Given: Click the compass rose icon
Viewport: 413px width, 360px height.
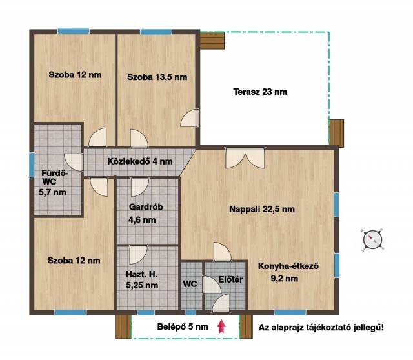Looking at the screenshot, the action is point(372,240).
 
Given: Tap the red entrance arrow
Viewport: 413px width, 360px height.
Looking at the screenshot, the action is point(221,326).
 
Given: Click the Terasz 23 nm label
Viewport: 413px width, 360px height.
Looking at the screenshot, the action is point(260,92).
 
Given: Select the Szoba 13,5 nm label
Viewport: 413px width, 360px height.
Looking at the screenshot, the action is point(157,77).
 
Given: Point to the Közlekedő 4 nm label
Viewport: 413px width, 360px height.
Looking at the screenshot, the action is point(140,161).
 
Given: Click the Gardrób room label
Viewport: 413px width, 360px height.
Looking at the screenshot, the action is point(146,207).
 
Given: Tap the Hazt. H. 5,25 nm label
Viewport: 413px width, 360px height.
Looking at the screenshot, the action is point(142,280).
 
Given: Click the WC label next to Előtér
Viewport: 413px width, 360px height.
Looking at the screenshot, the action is point(190,284).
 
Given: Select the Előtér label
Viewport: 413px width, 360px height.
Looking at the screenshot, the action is point(230,279).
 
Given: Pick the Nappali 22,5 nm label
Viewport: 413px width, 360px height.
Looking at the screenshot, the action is point(262,210).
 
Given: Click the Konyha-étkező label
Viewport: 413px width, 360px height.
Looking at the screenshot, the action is point(288,266).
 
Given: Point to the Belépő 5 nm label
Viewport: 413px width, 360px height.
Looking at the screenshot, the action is point(183,327).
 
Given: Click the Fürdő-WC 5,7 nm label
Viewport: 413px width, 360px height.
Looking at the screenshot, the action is point(53,183).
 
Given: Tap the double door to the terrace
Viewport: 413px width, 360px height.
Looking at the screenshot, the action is point(245,158).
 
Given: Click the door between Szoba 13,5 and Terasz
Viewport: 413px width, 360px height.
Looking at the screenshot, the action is point(190,118).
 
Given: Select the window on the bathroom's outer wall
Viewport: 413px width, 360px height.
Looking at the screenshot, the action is point(32,165).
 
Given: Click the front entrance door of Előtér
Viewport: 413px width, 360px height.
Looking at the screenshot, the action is point(221,303).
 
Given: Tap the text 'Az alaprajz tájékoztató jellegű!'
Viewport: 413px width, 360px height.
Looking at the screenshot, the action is point(321,328).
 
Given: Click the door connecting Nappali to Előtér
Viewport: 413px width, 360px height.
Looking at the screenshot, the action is point(223,252).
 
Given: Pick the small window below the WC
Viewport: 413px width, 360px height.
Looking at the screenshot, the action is point(191,312).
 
